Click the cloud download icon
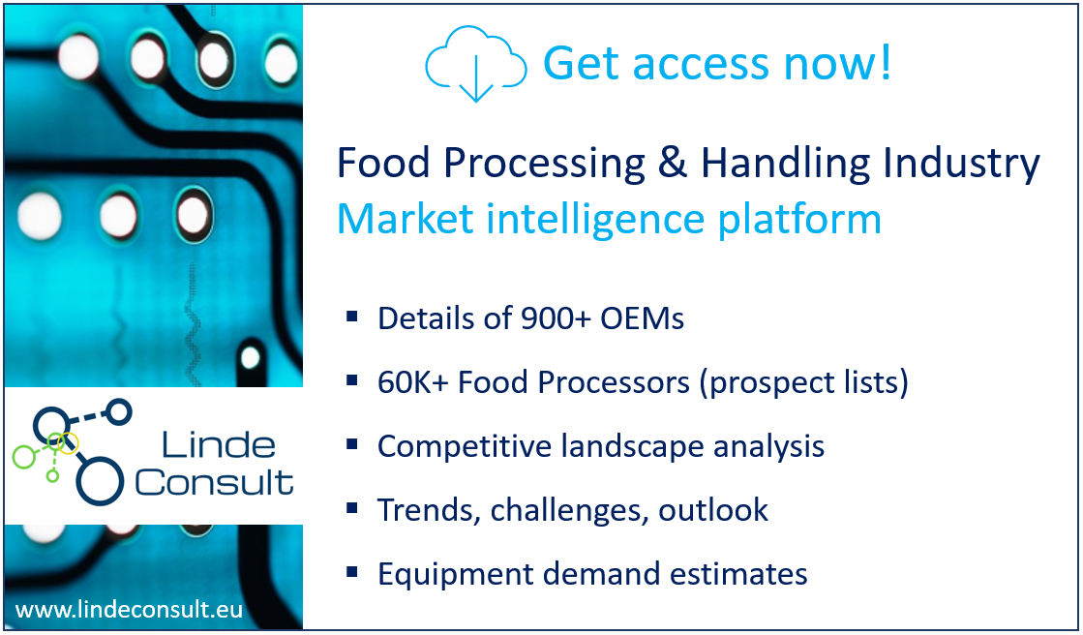476,64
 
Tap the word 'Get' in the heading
582,64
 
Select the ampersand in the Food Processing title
674,164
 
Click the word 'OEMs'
642,318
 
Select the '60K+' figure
412,382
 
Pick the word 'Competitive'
465,447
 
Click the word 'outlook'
712,511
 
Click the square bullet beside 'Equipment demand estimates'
352,572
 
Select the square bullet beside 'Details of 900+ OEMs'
352,317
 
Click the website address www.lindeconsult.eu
129,610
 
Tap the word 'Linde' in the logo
219,445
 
